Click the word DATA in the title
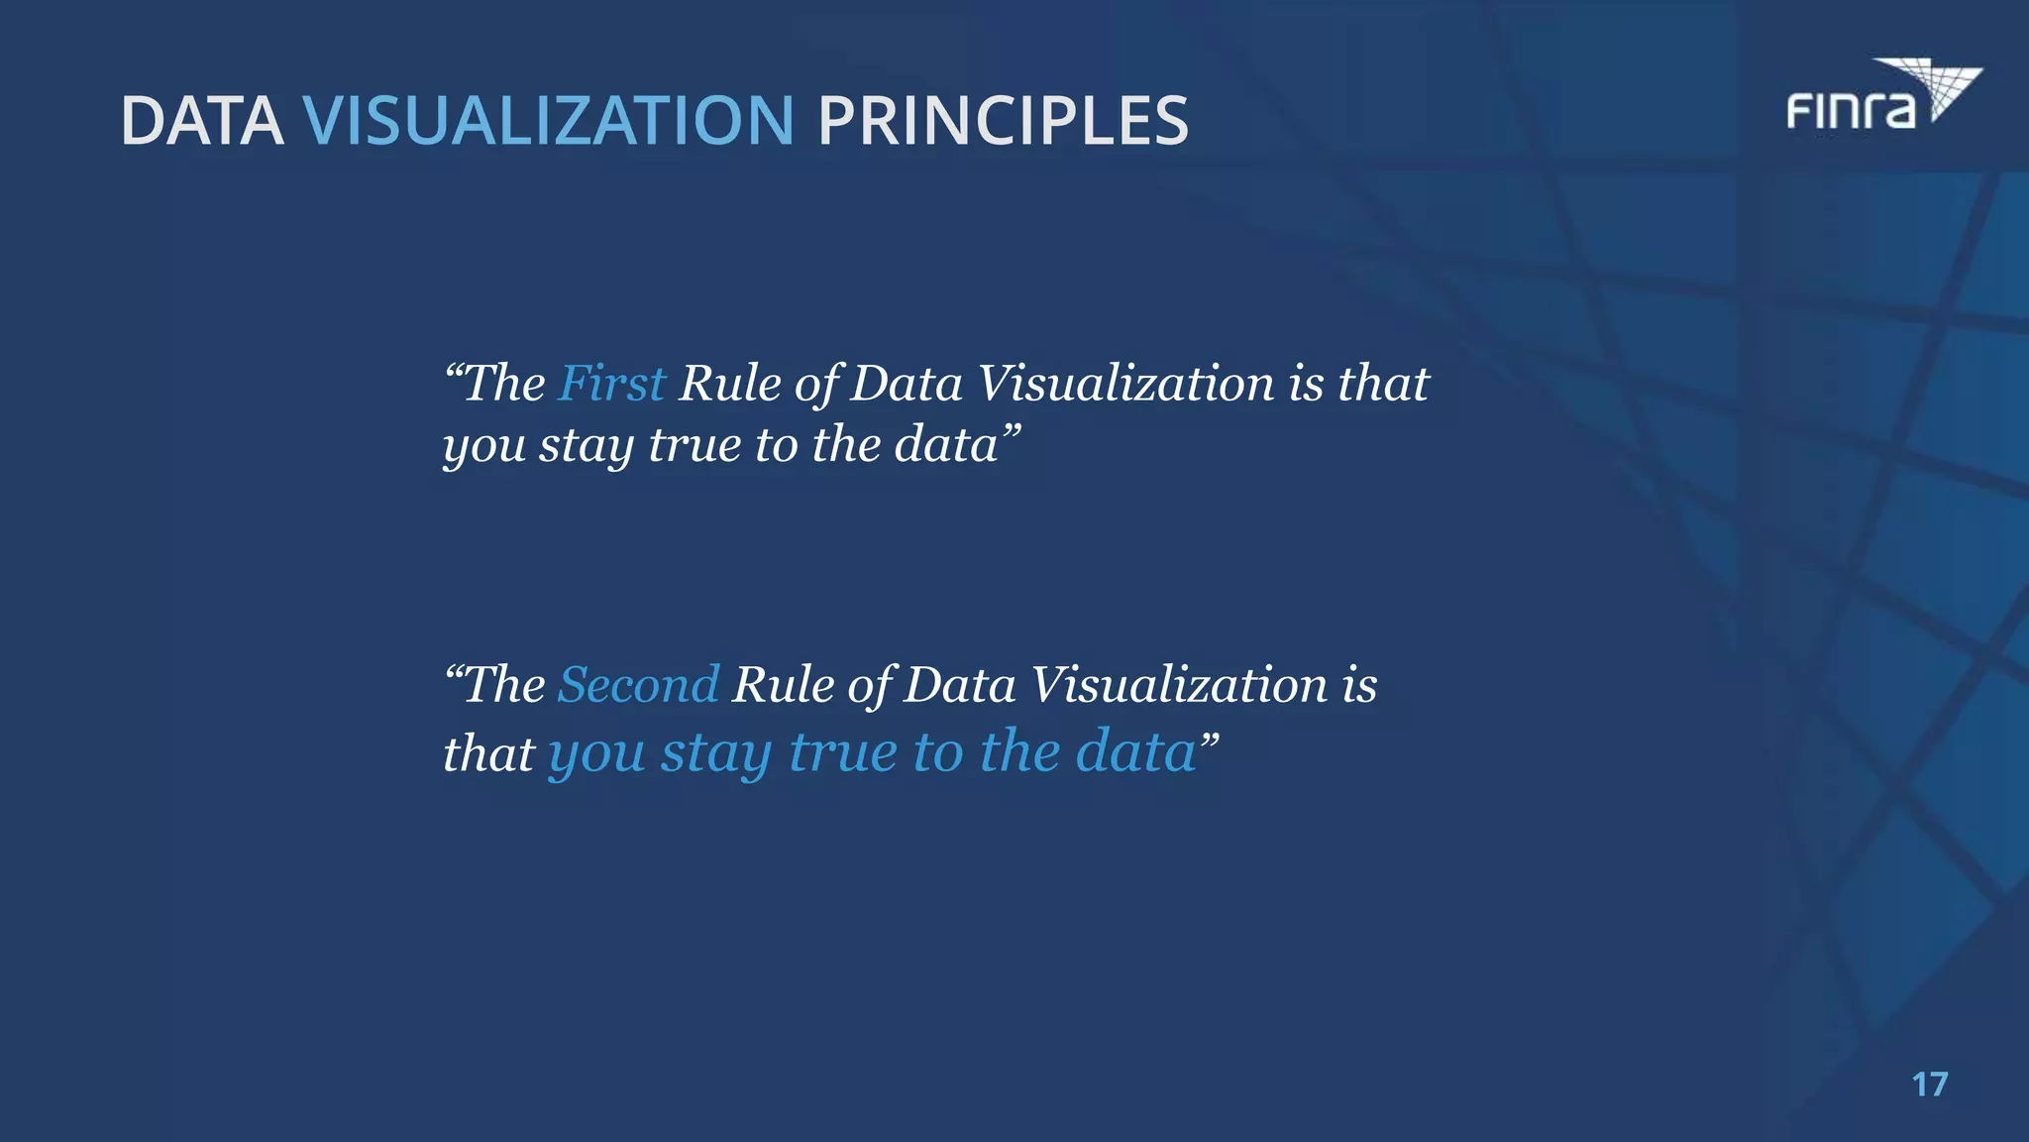coord(201,122)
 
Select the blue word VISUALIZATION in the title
coord(548,122)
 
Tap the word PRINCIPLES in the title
coord(1003,122)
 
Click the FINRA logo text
coord(1850,110)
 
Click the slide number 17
coord(1929,1085)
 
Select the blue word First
coord(611,384)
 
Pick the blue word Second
coord(638,685)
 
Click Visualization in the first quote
coord(1125,384)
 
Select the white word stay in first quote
coord(586,445)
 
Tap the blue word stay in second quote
coord(716,752)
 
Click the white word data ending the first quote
coord(946,445)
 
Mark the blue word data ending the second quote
coord(1136,752)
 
